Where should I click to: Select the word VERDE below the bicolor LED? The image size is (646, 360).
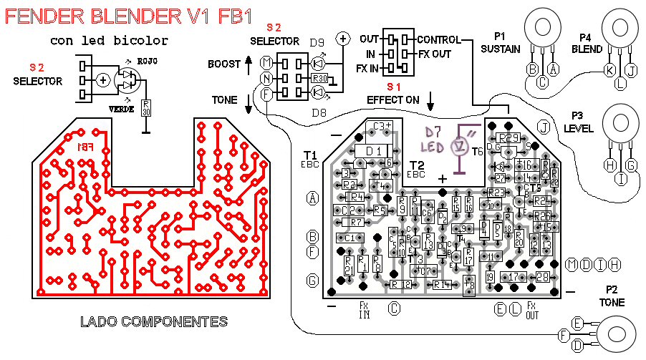click(122, 109)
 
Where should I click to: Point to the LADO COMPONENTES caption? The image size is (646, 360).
click(155, 322)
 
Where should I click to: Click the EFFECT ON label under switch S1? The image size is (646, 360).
click(392, 100)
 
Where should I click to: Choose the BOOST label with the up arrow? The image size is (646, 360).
click(224, 64)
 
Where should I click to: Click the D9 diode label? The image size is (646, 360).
click(317, 43)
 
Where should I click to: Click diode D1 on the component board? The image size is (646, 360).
click(372, 151)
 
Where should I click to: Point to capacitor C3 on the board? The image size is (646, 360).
click(381, 127)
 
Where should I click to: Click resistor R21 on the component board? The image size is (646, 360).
click(349, 266)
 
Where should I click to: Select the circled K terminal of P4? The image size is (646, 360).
click(609, 70)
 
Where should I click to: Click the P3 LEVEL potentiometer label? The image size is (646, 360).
click(579, 121)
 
